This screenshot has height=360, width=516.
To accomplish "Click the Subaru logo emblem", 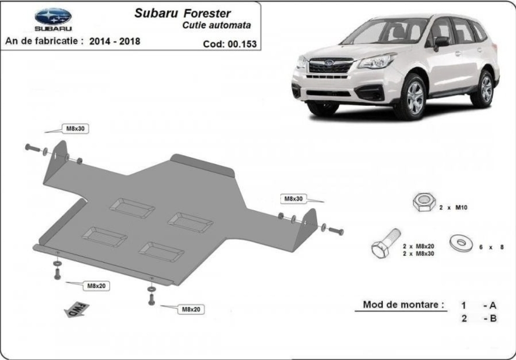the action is coord(53,16).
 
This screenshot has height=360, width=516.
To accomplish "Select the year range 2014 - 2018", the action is coord(115,41).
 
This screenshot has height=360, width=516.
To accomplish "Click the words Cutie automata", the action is coord(217,25).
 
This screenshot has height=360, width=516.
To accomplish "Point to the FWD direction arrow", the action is coord(77,309).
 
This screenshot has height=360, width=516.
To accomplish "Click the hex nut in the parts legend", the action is coord(424,202).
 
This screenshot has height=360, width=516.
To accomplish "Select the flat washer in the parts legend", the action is coord(461,243).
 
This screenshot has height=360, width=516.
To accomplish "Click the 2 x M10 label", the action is coord(453,208).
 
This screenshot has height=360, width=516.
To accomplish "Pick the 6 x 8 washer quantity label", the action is coord(492,247).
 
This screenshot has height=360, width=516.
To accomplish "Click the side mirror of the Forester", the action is coord(441,43).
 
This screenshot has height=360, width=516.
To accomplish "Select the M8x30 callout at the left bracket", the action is coord(75,128).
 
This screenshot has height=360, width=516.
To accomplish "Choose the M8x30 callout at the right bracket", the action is coord(293,199).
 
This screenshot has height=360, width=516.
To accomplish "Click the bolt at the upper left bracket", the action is coord(33,148).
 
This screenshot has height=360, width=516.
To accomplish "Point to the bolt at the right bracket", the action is coord(336,231).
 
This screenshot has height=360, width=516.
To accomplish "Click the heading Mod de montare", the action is coord(403,305).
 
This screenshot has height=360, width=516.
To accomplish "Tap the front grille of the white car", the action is coord(330,66).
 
